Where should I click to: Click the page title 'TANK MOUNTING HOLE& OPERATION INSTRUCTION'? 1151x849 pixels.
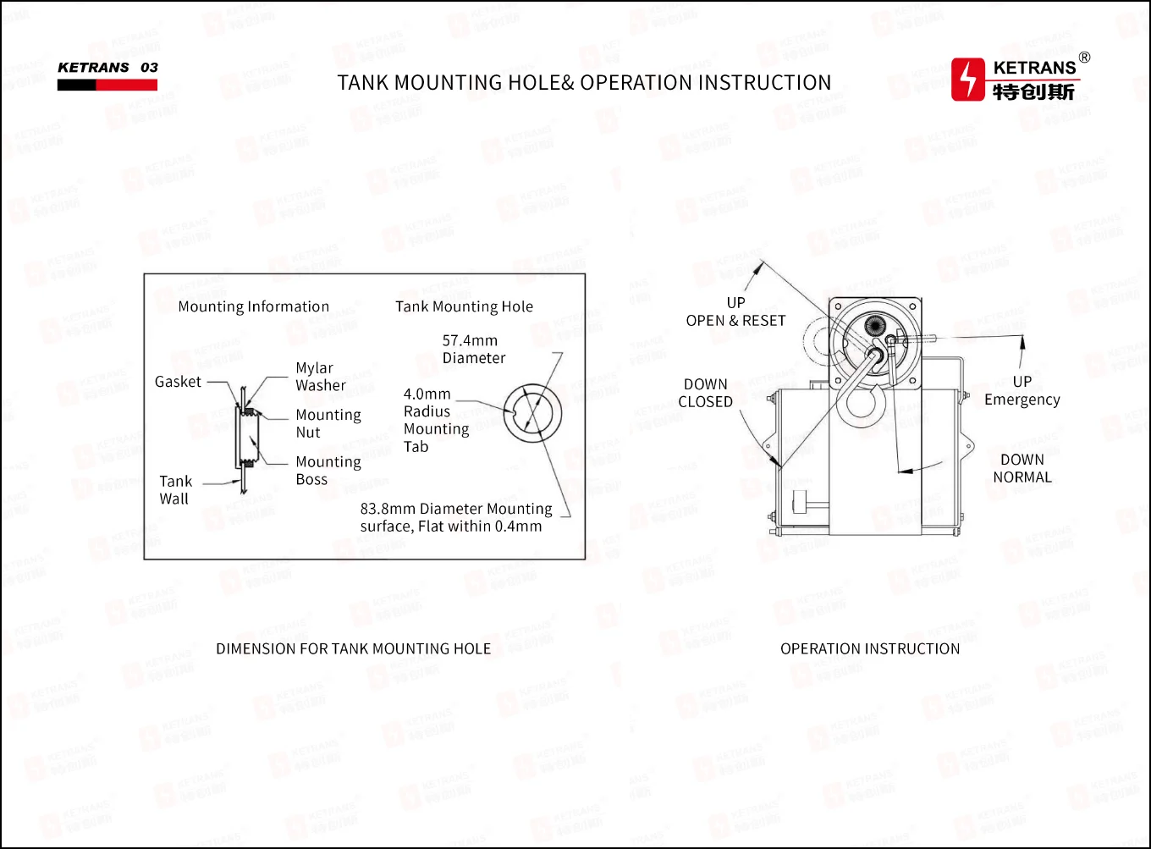[584, 83]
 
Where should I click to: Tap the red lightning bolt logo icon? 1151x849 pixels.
[968, 80]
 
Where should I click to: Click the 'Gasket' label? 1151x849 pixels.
[178, 382]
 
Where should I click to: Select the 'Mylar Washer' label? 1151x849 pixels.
[320, 377]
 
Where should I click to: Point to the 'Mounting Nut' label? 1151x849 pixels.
[328, 423]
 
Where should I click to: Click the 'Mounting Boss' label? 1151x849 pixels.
[328, 471]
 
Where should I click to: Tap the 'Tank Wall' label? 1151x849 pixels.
[175, 490]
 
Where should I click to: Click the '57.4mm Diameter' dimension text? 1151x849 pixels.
[473, 350]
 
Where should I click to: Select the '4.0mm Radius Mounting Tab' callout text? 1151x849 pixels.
[435, 420]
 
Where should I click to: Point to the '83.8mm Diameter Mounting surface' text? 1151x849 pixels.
[455, 517]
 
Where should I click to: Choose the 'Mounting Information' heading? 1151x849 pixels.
[253, 306]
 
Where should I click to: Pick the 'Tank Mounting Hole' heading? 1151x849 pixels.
[464, 306]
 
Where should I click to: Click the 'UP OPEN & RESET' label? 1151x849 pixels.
[735, 311]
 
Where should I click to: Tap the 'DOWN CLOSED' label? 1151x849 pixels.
[705, 393]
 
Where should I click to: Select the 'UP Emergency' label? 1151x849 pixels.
[1022, 390]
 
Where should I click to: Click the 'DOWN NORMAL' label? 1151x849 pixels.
[1022, 468]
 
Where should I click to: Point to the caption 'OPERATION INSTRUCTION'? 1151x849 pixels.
[869, 649]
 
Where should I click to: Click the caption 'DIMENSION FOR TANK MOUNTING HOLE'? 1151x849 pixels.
[353, 649]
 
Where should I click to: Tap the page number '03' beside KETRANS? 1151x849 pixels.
[149, 68]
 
